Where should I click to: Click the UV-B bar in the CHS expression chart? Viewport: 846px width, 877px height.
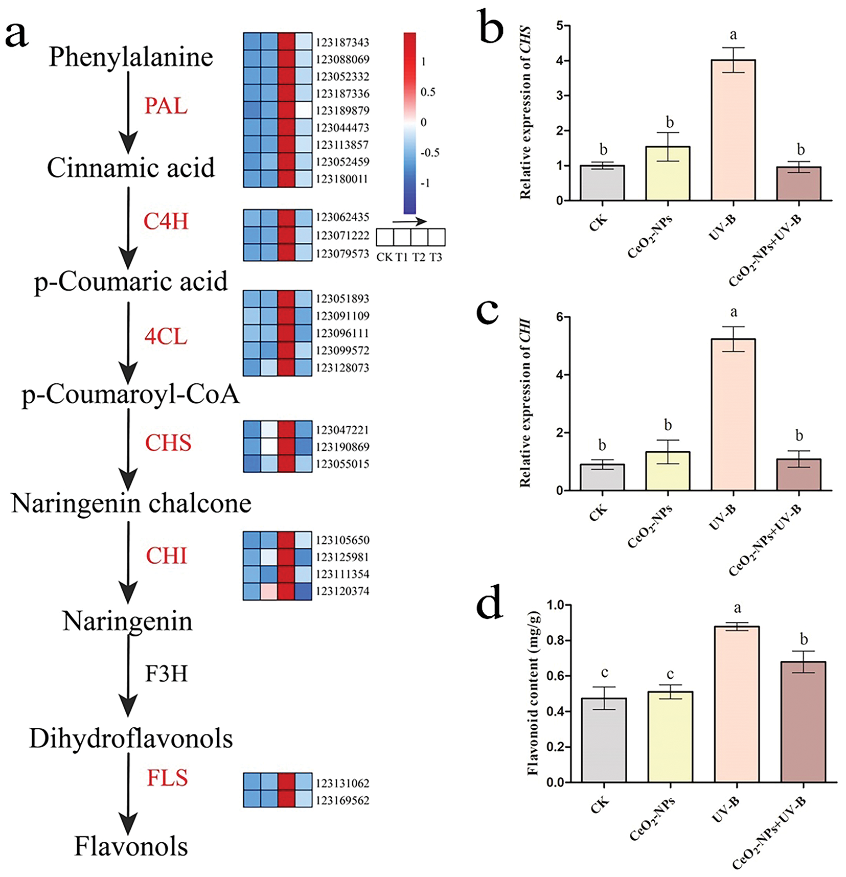pos(733,130)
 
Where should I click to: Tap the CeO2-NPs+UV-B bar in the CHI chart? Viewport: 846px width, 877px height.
pos(798,475)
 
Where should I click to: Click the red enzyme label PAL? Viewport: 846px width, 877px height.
pos(166,106)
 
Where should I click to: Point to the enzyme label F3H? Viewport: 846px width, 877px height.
pos(166,674)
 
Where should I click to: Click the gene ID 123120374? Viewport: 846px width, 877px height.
pos(342,591)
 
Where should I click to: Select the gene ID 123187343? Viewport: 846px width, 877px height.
pos(342,42)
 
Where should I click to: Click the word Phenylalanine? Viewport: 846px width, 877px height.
pos(131,57)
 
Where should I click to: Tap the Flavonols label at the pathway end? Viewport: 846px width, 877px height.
pos(131,846)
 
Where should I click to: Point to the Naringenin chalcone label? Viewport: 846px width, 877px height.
pos(131,503)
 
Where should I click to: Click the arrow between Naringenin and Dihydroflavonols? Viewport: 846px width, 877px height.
pos(128,675)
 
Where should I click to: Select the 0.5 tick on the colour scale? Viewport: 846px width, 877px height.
pos(428,92)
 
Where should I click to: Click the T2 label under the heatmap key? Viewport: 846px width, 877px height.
pos(419,257)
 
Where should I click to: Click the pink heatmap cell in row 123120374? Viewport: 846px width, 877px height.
pos(269,591)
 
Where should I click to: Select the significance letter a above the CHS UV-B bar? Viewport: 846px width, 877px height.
pos(733,35)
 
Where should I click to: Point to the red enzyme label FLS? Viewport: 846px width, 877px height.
pos(167,777)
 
